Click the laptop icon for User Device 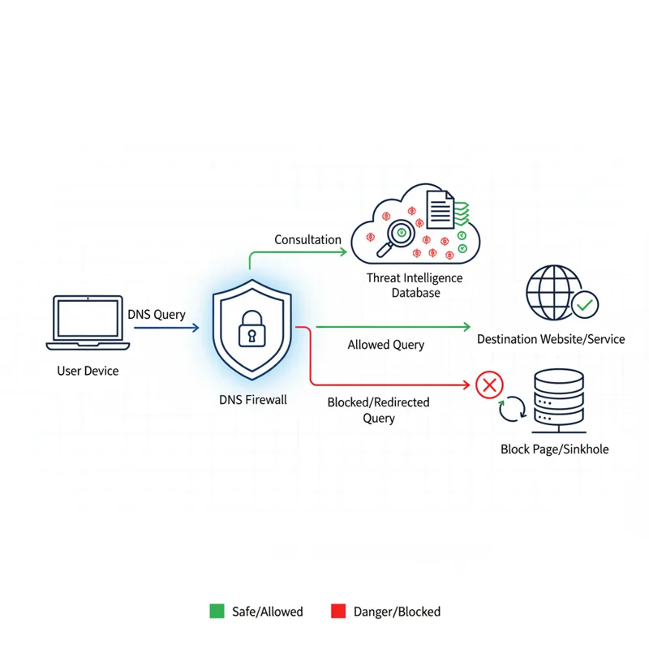[x=88, y=323]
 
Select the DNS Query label [x=157, y=314]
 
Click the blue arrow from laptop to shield [x=166, y=328]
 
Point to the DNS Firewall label [x=253, y=400]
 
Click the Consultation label [x=307, y=239]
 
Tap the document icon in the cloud [x=441, y=209]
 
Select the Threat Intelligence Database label [x=415, y=285]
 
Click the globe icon [x=552, y=290]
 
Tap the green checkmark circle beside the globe [x=585, y=306]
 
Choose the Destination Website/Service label [x=551, y=339]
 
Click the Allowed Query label [x=386, y=345]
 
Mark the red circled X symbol [x=488, y=385]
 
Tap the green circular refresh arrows [x=512, y=409]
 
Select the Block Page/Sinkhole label [x=555, y=449]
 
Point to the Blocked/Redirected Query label [x=379, y=410]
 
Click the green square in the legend [x=217, y=611]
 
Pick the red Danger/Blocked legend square [x=339, y=611]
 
